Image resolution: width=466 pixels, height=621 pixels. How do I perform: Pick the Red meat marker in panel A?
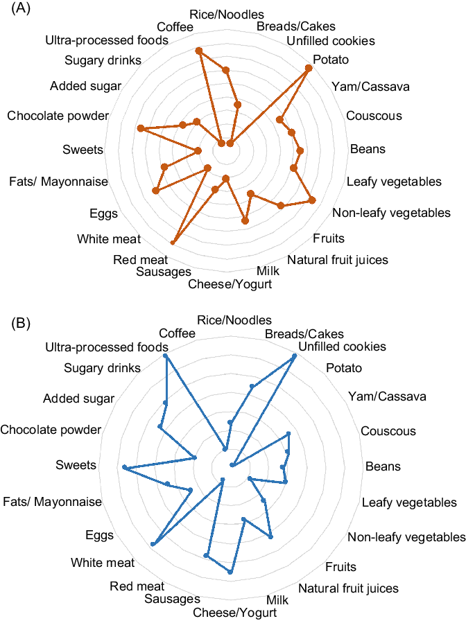point(173,242)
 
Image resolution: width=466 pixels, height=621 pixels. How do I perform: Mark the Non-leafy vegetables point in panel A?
point(312,200)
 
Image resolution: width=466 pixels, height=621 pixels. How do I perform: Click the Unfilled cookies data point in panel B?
point(295,356)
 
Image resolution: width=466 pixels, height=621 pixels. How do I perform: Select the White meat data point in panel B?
point(153,544)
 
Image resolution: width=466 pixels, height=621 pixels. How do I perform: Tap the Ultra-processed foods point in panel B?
point(166,356)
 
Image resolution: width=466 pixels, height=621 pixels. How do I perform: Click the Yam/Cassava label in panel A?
point(370,87)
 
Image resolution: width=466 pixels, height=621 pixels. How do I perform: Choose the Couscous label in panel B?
point(388,431)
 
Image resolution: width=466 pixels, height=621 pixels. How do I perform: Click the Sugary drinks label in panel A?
point(103,60)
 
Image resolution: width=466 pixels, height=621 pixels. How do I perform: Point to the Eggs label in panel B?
point(99,535)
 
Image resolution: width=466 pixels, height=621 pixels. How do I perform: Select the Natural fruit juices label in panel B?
point(348,588)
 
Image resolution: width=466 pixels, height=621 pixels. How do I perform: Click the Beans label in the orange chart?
point(368,149)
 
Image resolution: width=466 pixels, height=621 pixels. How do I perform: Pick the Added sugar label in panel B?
point(78,399)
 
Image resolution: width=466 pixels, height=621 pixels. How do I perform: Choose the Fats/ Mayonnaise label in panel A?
point(59,182)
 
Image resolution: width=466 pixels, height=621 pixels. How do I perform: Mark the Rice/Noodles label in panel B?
point(234,320)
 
